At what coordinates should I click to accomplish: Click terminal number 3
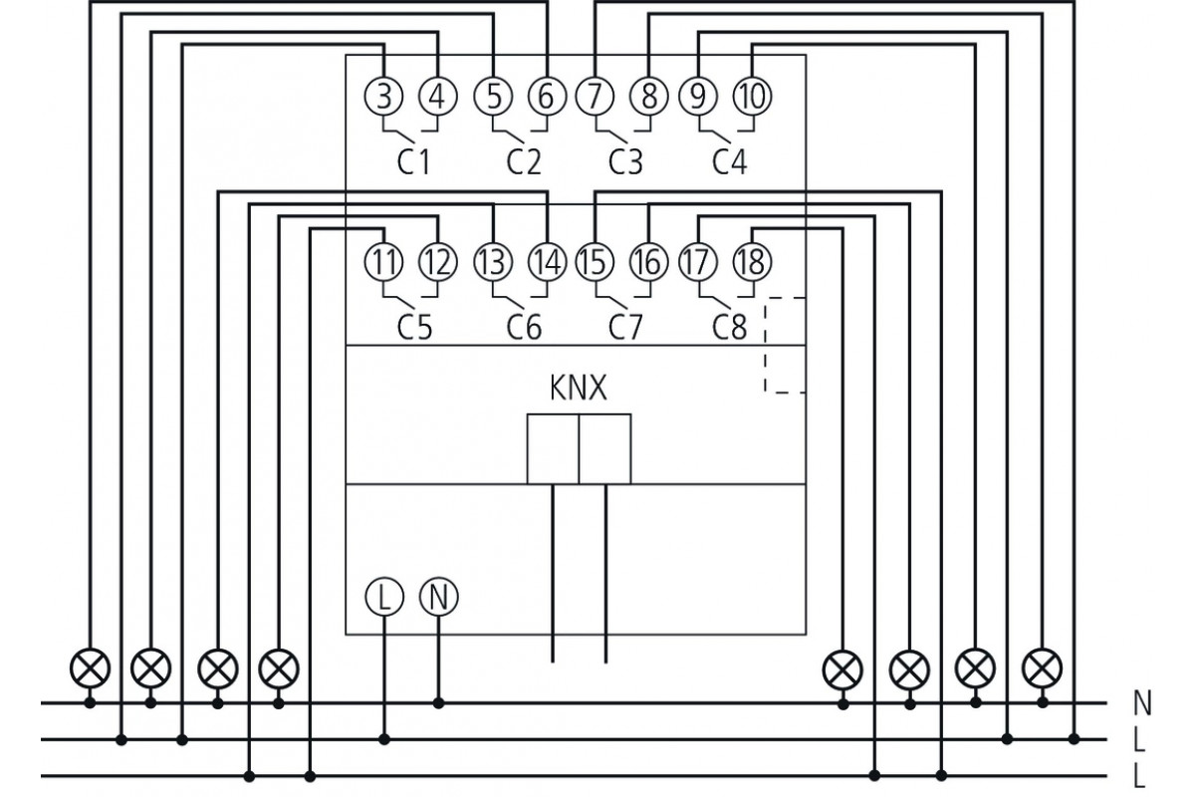click(x=384, y=97)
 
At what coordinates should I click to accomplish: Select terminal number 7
click(x=595, y=97)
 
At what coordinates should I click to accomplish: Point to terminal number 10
click(x=752, y=97)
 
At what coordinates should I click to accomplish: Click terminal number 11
click(x=384, y=262)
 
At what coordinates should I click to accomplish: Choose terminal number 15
click(x=595, y=262)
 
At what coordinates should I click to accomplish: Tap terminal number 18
click(x=752, y=262)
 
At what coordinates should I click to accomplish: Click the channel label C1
click(x=413, y=161)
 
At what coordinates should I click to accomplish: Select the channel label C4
click(x=730, y=161)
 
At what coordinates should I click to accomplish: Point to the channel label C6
click(x=523, y=326)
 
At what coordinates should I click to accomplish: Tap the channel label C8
click(x=730, y=326)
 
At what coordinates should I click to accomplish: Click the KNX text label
click(x=578, y=389)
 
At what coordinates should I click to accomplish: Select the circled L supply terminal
click(x=384, y=597)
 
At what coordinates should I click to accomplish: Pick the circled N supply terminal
click(x=438, y=597)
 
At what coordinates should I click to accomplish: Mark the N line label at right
click(x=1142, y=703)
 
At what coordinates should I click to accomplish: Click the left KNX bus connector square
click(x=553, y=449)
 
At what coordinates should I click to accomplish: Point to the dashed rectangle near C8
click(x=785, y=345)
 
